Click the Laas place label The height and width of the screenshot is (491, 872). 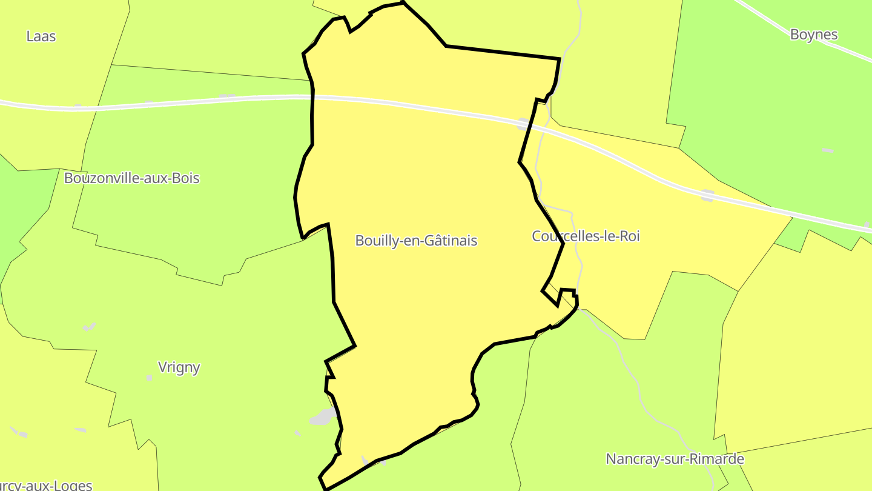[41, 36]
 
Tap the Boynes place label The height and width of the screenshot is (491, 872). [814, 35]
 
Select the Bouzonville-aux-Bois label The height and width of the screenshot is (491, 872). [131, 178]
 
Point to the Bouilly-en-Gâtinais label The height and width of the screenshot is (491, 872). [416, 241]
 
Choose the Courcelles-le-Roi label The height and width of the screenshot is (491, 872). [586, 236]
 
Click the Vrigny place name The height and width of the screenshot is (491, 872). [179, 367]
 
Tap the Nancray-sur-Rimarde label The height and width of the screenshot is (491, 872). [675, 459]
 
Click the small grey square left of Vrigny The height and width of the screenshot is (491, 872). [150, 378]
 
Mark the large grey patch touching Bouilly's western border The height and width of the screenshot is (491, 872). [323, 416]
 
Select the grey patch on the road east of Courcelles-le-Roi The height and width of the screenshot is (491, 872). [707, 195]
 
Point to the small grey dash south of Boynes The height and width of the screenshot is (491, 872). [827, 150]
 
